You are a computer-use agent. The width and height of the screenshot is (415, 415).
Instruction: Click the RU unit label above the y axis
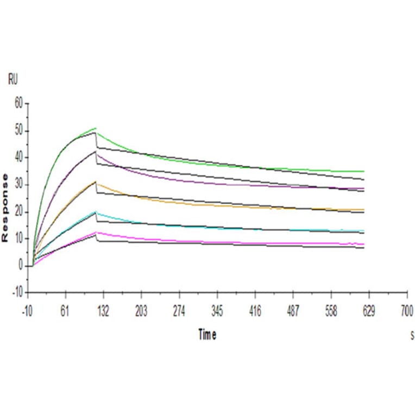[12, 80]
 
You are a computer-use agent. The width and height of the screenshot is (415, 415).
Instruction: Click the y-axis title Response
[5, 208]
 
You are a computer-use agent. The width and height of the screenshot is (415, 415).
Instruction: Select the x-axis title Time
[207, 335]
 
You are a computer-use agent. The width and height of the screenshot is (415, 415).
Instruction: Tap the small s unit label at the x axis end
[412, 336]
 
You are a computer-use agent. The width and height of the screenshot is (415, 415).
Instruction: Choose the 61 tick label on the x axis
[65, 311]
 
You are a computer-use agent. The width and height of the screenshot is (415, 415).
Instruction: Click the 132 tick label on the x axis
[103, 311]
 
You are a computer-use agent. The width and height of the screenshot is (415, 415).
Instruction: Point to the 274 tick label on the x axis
[179, 311]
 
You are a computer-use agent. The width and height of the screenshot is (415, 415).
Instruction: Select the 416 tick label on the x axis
[255, 311]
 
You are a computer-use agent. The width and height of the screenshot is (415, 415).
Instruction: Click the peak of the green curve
[96, 128]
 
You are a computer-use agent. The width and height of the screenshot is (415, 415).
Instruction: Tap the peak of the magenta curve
[96, 232]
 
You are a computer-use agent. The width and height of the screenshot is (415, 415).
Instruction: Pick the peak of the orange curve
[96, 182]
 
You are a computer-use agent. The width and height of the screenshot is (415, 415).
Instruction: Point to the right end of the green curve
[364, 171]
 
